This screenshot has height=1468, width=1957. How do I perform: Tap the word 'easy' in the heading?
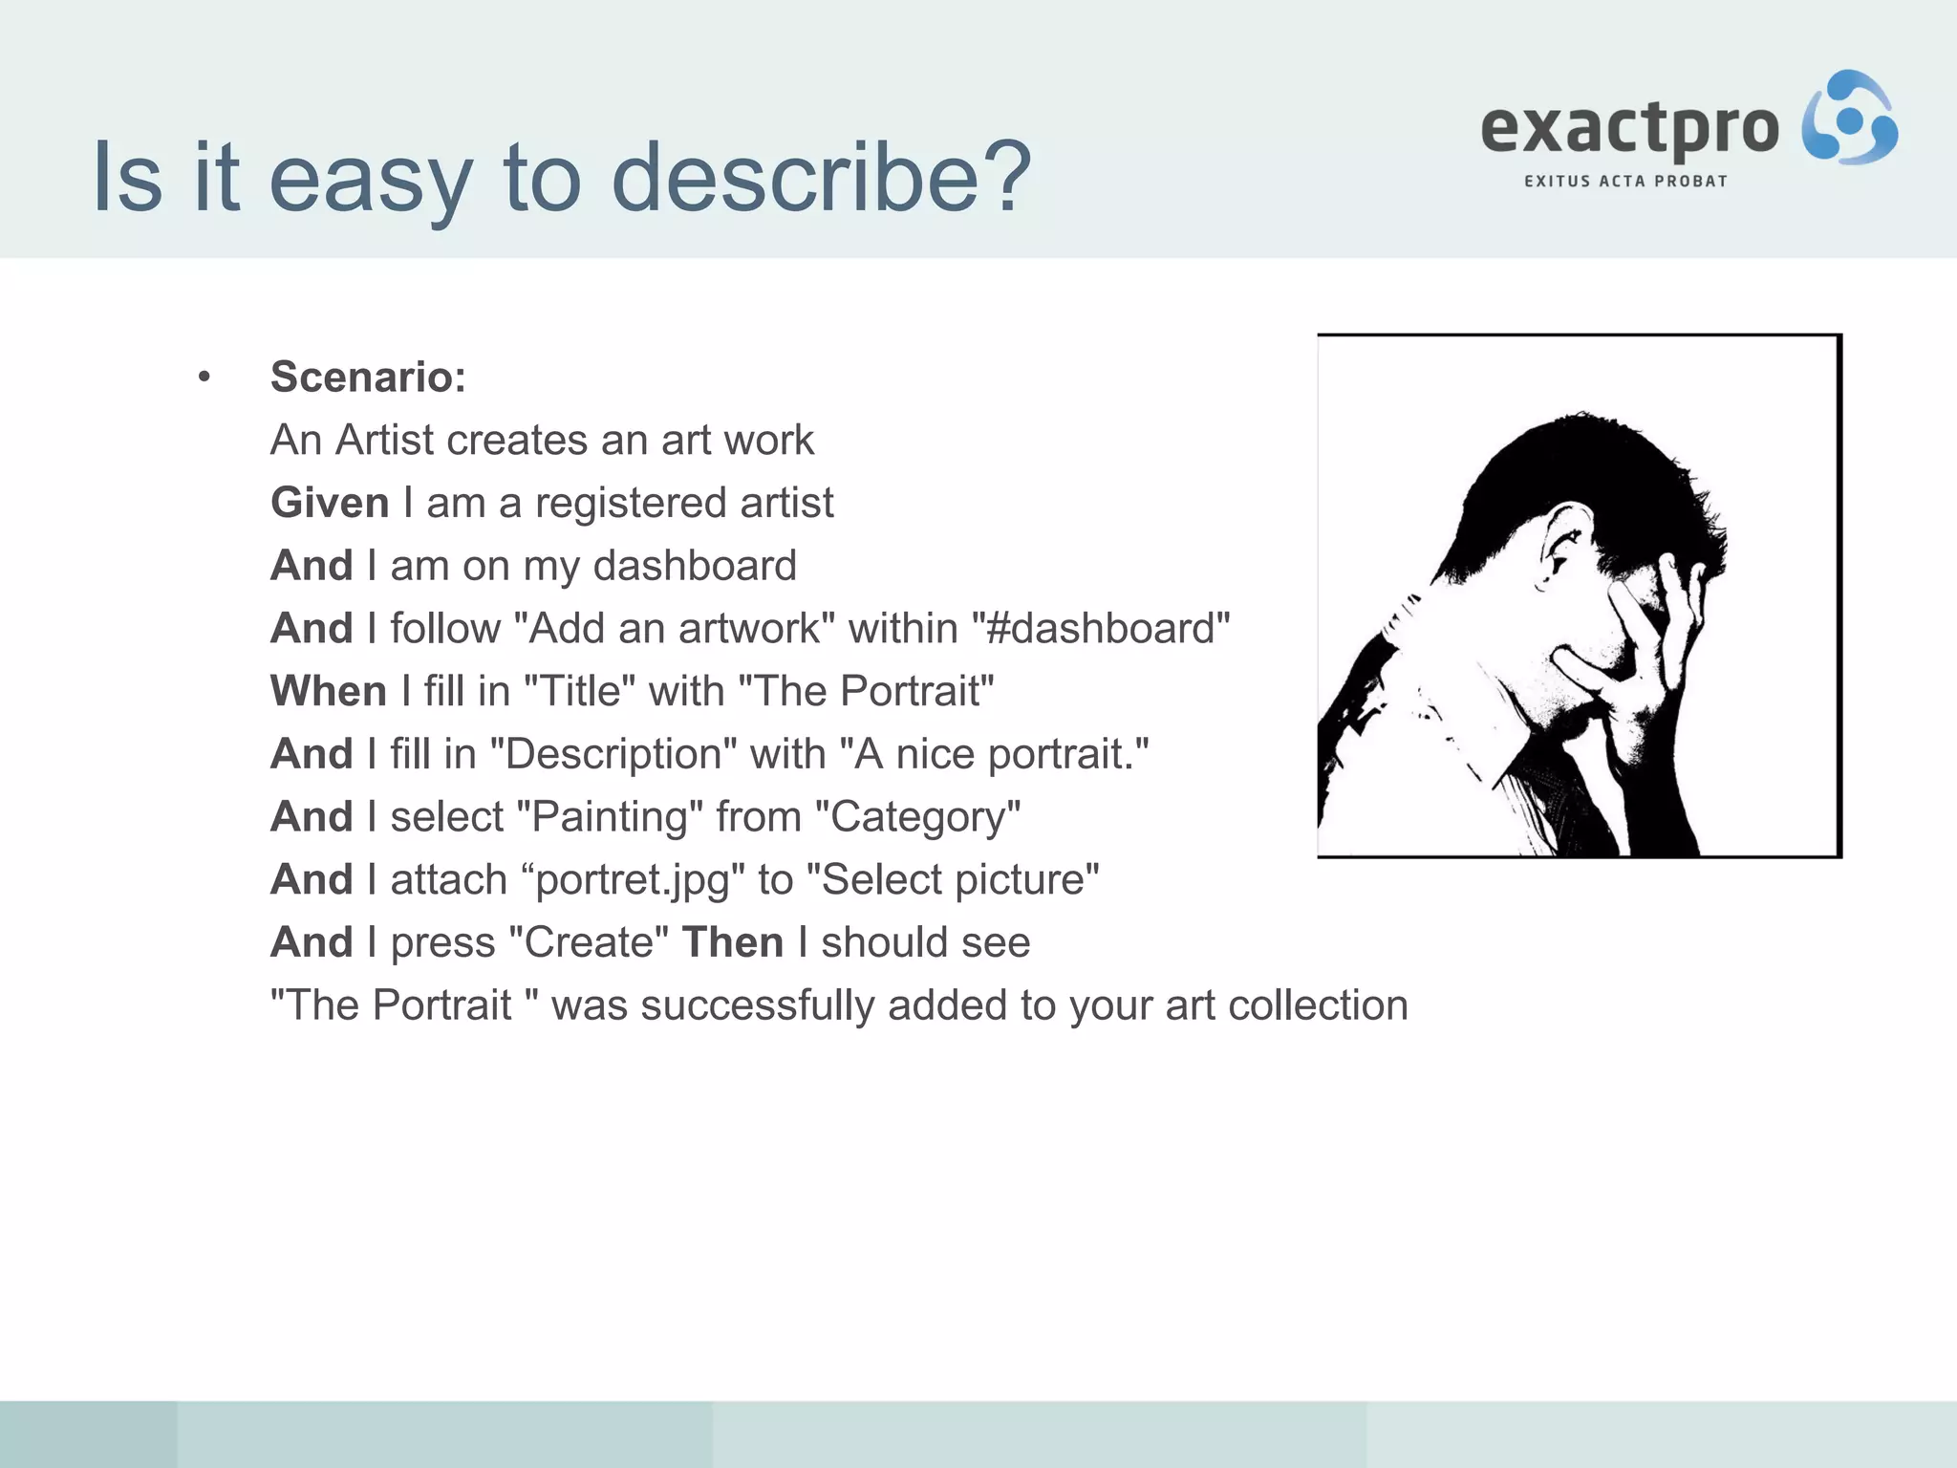click(371, 178)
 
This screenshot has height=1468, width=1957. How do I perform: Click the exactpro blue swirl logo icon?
click(1849, 119)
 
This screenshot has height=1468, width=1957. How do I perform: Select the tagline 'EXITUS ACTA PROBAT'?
click(1625, 182)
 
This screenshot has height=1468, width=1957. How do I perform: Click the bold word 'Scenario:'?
click(368, 377)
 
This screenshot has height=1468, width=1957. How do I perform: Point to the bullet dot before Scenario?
click(204, 378)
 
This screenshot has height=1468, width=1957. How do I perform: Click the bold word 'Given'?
click(330, 503)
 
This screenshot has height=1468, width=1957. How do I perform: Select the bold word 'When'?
click(328, 691)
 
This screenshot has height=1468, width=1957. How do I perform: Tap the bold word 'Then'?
click(733, 942)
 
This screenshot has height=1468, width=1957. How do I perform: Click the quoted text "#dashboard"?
click(1100, 629)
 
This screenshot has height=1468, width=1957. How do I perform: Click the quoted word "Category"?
click(918, 817)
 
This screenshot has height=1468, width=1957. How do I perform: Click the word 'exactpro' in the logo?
click(1629, 130)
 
